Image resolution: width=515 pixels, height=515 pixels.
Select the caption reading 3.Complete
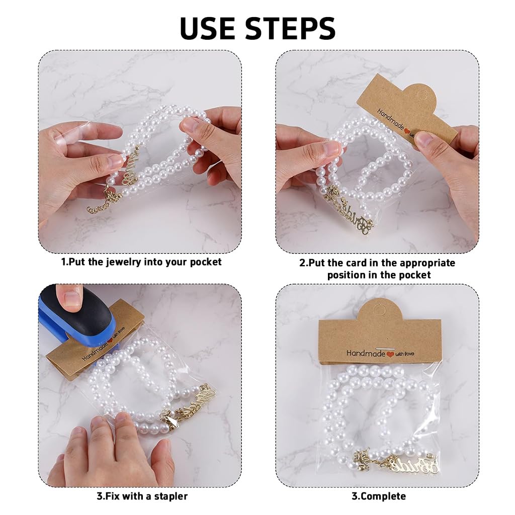pyautogui.click(x=378, y=496)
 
